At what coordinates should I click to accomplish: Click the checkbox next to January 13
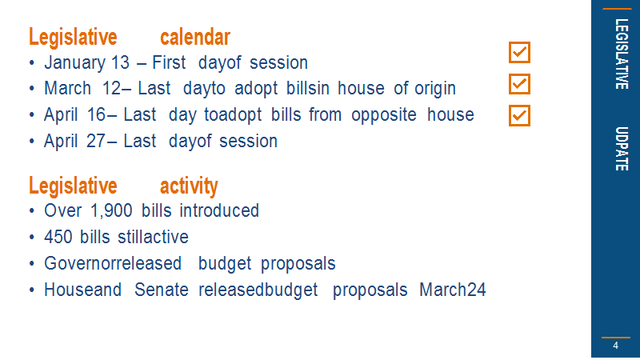pyautogui.click(x=519, y=52)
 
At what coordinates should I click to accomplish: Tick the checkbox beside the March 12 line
pyautogui.click(x=519, y=84)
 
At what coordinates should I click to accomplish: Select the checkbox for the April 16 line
pyautogui.click(x=519, y=115)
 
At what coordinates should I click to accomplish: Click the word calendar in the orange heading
pyautogui.click(x=195, y=37)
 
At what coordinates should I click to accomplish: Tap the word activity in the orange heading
pyautogui.click(x=189, y=186)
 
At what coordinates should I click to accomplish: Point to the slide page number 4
pyautogui.click(x=615, y=346)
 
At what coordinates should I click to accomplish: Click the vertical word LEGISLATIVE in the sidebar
pyautogui.click(x=622, y=54)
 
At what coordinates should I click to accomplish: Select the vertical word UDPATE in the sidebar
pyautogui.click(x=622, y=149)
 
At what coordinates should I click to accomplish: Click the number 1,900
pyautogui.click(x=111, y=211)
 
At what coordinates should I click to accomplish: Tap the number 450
pyautogui.click(x=58, y=237)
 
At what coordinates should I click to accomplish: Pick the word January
pyautogui.click(x=74, y=63)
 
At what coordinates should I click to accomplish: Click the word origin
pyautogui.click(x=435, y=89)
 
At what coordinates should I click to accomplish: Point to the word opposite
pyautogui.click(x=384, y=115)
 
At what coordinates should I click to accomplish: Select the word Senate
pyautogui.click(x=162, y=290)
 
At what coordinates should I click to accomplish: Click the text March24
pyautogui.click(x=453, y=290)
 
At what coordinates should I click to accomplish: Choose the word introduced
pyautogui.click(x=219, y=211)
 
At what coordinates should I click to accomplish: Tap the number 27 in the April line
pyautogui.click(x=96, y=142)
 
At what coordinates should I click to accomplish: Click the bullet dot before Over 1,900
pyautogui.click(x=32, y=211)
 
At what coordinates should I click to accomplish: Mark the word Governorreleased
pyautogui.click(x=113, y=264)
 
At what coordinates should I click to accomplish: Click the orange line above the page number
pyautogui.click(x=616, y=338)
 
